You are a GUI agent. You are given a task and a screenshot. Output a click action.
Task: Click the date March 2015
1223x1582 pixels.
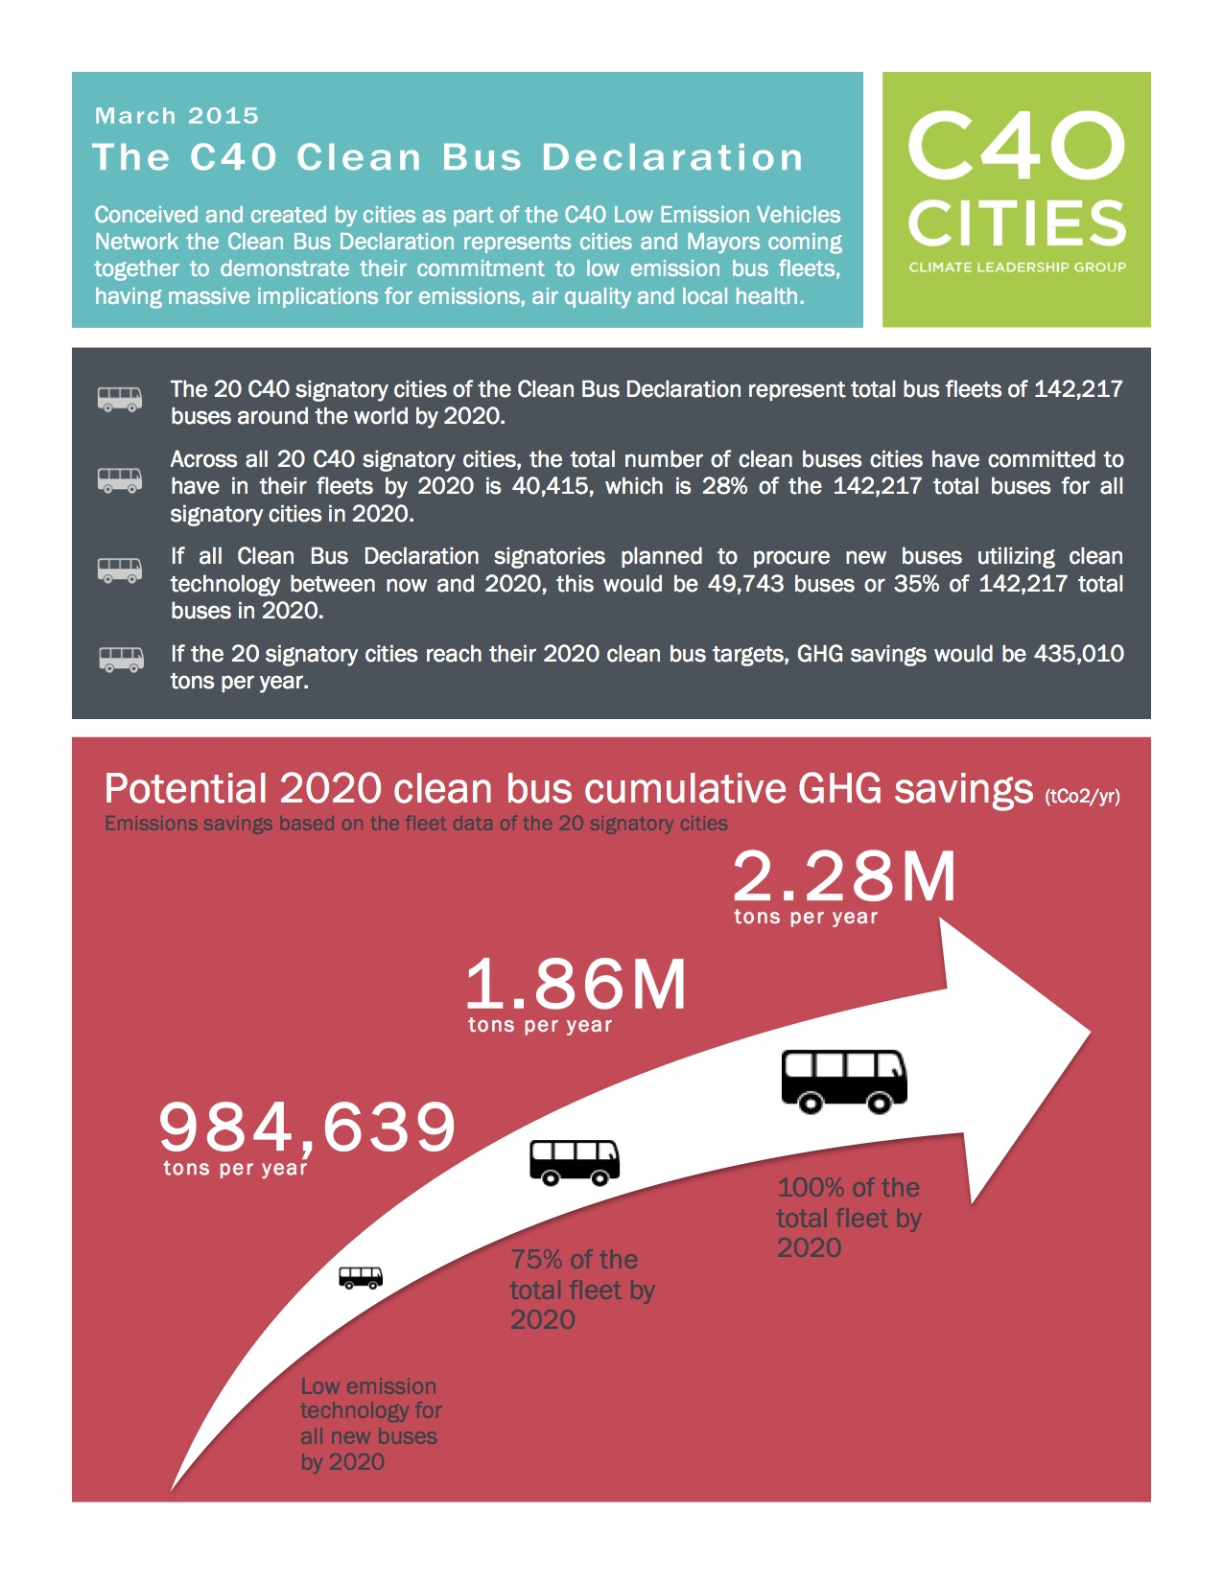click(176, 116)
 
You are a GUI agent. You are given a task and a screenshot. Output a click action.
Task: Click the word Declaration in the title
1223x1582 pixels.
click(672, 158)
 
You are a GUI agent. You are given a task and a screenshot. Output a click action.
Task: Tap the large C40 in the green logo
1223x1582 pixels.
click(1016, 146)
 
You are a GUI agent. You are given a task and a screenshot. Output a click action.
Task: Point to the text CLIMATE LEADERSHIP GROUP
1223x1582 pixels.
click(1017, 268)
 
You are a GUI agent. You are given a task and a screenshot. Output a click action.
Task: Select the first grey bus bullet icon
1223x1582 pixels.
click(120, 399)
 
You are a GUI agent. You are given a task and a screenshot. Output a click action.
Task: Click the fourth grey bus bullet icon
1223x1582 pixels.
click(121, 660)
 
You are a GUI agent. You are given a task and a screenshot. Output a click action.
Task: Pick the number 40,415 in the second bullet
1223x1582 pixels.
click(552, 486)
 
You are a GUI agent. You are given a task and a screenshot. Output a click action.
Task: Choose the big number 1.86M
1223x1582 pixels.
click(576, 985)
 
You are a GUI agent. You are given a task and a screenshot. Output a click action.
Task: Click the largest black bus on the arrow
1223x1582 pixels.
click(844, 1081)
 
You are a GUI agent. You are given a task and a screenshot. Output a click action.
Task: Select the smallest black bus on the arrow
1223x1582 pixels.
click(361, 1278)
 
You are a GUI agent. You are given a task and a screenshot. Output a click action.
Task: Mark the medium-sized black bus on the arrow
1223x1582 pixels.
click(575, 1162)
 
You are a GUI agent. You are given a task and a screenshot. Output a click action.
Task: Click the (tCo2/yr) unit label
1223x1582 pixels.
click(1082, 796)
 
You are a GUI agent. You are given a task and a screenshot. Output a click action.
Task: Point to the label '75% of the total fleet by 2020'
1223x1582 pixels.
click(581, 1290)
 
